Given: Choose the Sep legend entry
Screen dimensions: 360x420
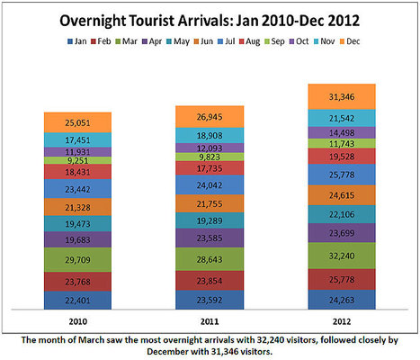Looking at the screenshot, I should [x=283, y=42].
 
